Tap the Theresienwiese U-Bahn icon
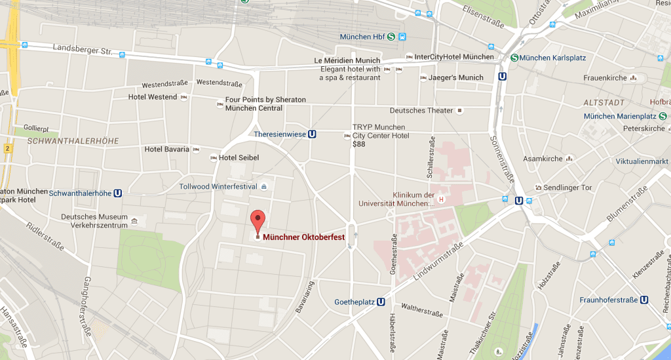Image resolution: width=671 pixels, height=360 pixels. (x=313, y=134)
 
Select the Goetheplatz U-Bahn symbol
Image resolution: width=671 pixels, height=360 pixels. (x=381, y=302)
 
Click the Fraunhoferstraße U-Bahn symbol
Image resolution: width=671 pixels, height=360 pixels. (x=644, y=300)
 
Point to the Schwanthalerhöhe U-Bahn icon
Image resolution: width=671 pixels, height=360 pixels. (x=119, y=193)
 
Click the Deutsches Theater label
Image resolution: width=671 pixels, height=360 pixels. (x=421, y=110)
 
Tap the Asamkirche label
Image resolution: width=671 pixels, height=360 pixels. (x=543, y=159)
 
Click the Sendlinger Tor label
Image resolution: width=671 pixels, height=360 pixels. (x=567, y=188)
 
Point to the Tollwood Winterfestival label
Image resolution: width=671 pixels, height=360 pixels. (x=218, y=186)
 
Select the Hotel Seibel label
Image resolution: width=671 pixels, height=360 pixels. (x=239, y=157)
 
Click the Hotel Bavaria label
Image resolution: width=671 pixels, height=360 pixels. (x=166, y=150)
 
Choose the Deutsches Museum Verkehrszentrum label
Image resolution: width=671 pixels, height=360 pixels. (x=93, y=221)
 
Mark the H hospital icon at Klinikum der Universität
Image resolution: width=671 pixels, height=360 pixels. (x=442, y=199)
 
